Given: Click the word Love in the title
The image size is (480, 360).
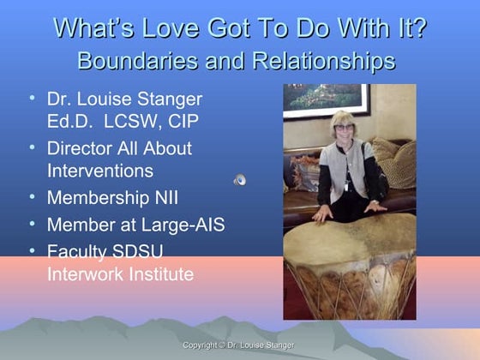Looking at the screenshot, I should (x=167, y=28).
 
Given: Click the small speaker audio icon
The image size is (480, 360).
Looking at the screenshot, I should (x=240, y=179).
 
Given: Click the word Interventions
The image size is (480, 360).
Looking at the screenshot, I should (x=100, y=170).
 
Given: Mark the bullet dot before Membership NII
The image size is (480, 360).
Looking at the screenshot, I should (x=31, y=197).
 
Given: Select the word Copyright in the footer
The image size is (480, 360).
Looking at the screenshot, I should (x=203, y=345).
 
